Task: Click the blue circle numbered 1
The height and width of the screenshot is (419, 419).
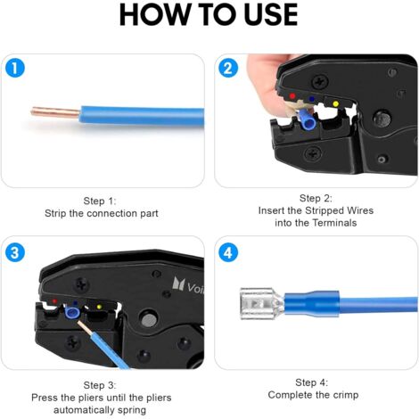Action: point(15,68)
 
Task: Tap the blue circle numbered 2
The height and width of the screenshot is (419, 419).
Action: point(228,68)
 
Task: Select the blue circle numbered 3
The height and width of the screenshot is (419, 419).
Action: point(15,252)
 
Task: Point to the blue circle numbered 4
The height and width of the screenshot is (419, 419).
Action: point(228,252)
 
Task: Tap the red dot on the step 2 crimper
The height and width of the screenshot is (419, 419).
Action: point(292,96)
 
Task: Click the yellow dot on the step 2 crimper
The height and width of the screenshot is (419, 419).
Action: point(335,103)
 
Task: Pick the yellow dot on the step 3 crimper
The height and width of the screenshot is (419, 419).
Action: point(99,306)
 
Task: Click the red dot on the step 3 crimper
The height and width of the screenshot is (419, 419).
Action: point(54,301)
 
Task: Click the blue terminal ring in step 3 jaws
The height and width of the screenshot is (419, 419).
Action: point(72,313)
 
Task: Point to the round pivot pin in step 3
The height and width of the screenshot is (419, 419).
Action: point(149,319)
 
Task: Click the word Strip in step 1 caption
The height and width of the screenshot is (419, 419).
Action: point(55,213)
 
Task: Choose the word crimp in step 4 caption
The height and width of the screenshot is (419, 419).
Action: point(346,395)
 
